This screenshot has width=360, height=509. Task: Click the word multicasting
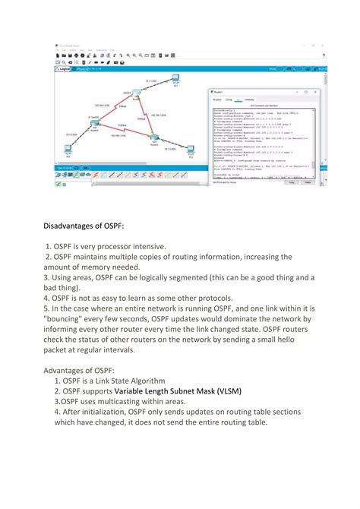click(x=122, y=402)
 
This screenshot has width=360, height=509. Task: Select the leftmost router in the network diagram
click(x=93, y=121)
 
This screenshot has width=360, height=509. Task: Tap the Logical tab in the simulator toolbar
click(x=65, y=68)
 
